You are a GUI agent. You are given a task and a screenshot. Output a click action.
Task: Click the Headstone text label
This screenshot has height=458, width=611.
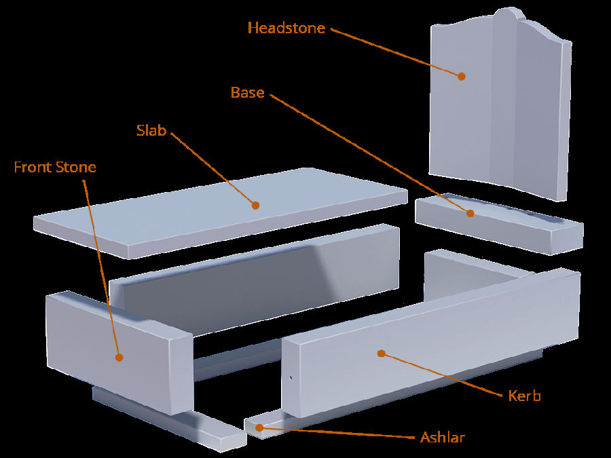(x=286, y=28)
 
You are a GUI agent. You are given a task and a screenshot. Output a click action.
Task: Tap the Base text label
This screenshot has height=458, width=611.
(x=248, y=92)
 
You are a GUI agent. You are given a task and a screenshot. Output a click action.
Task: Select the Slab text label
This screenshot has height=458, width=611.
(x=151, y=131)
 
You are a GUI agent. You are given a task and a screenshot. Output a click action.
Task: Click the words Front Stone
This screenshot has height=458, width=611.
(x=55, y=167)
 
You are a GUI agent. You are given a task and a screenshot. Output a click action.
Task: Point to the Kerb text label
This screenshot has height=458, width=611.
(x=524, y=396)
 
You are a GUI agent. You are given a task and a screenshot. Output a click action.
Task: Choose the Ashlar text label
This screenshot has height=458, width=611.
(x=442, y=437)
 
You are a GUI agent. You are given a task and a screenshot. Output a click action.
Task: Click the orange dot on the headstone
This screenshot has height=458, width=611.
(x=461, y=76)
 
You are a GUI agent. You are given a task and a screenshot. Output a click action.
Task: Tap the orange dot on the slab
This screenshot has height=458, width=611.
(x=255, y=204)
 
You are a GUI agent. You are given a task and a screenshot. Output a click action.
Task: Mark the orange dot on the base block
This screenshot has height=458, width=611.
(x=470, y=213)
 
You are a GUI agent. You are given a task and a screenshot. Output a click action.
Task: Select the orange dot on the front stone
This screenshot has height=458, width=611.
(x=119, y=356)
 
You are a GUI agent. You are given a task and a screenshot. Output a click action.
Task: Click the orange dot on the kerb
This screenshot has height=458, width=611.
(x=381, y=353)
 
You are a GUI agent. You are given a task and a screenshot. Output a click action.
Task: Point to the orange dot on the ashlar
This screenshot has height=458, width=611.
(x=257, y=427)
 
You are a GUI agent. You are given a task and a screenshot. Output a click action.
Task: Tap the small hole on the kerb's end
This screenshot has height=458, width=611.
(x=291, y=378)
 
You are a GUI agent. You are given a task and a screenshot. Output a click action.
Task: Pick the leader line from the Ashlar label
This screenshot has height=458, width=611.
(x=339, y=432)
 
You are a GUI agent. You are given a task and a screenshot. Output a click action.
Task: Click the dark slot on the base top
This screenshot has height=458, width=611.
(x=543, y=218)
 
